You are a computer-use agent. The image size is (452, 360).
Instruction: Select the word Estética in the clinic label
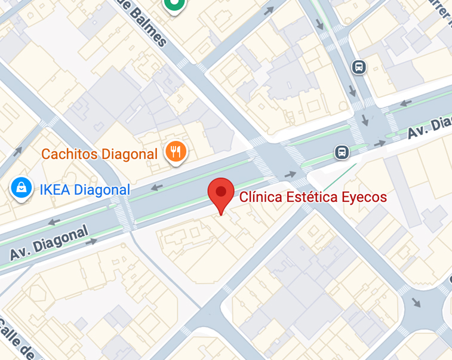309,197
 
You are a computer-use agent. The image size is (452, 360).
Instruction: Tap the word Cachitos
70,154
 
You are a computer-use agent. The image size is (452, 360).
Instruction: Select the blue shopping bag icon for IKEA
21,188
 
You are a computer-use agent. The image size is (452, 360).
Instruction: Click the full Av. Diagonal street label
49,242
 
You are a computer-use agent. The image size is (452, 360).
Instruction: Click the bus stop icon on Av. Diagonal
342,152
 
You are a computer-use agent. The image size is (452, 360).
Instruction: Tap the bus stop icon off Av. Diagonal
358,67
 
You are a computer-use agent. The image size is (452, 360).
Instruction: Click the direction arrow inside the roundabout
416,302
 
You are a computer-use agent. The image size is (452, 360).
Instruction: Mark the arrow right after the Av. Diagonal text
91,242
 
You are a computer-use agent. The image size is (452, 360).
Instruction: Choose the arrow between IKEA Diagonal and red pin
157,187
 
